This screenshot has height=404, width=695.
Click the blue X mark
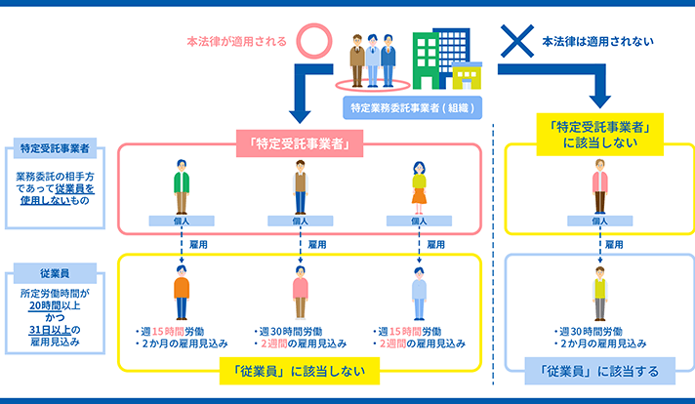pyautogui.click(x=517, y=41)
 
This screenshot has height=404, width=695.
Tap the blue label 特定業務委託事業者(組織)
pyautogui.click(x=412, y=107)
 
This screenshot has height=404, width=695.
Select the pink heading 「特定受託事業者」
pyautogui.click(x=300, y=143)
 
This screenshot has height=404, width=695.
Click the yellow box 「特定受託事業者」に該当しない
pyautogui.click(x=599, y=135)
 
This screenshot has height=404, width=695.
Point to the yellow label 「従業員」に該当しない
pyautogui.click(x=300, y=371)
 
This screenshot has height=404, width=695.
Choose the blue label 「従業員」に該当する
pyautogui.click(x=599, y=371)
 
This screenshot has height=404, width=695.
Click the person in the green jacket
pyautogui.click(x=182, y=187)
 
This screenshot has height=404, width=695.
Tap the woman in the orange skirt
pyautogui.click(x=419, y=187)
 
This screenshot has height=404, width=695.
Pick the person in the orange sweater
pyautogui.click(x=182, y=293)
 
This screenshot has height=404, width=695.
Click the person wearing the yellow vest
pyautogui.click(x=599, y=294)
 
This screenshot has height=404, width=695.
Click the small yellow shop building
pyautogui.click(x=467, y=76)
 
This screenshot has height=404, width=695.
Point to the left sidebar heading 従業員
pyautogui.click(x=55, y=273)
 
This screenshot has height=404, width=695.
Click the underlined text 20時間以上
pyautogui.click(x=55, y=305)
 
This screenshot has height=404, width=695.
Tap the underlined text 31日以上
pyautogui.click(x=50, y=330)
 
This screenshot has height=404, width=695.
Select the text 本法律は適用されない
pyautogui.click(x=598, y=42)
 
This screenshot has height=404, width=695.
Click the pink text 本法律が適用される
pyautogui.click(x=236, y=42)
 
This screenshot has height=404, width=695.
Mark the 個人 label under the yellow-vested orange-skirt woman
pyautogui.click(x=419, y=221)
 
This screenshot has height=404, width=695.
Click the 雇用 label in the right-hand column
pyautogui.click(x=614, y=245)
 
